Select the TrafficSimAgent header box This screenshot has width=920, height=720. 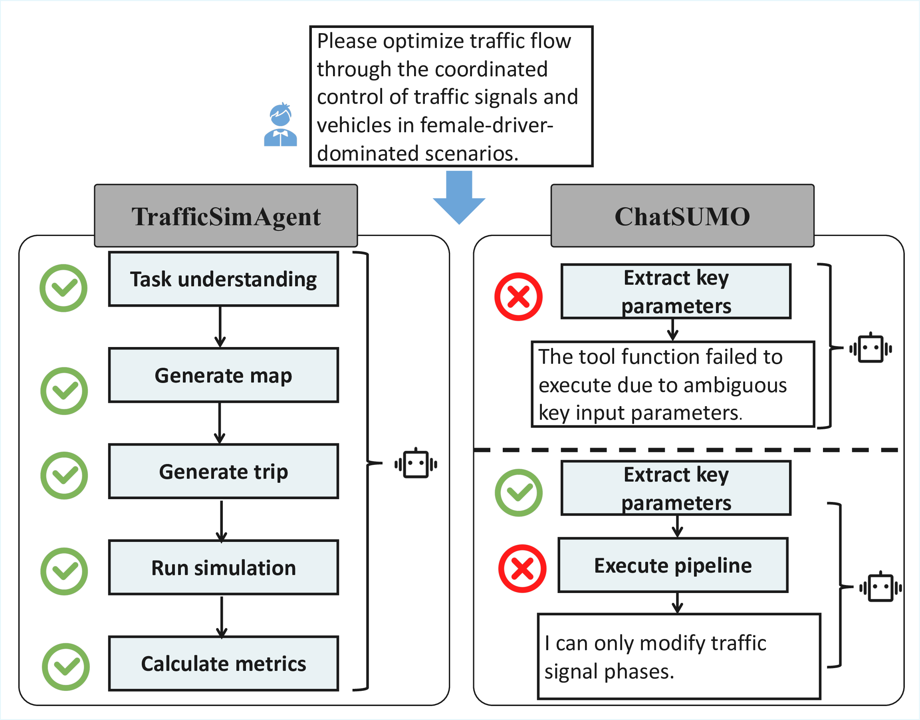[x=226, y=216]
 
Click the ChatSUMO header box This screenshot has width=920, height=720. [x=682, y=216]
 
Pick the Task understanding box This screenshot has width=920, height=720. [x=223, y=279]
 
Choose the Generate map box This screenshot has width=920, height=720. [x=223, y=375]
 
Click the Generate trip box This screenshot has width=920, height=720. [x=223, y=471]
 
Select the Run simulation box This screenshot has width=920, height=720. [x=223, y=567]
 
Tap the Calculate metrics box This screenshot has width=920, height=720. [x=223, y=664]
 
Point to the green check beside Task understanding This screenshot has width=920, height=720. [x=63, y=288]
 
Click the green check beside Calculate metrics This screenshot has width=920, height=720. [x=66, y=667]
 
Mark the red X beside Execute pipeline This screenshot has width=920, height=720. [x=522, y=569]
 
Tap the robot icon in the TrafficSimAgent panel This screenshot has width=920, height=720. [x=416, y=464]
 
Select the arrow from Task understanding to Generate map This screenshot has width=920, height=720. [x=220, y=327]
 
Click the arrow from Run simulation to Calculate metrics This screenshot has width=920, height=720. [x=222, y=616]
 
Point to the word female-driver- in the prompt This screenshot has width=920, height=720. [x=486, y=125]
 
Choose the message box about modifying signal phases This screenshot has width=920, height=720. [x=679, y=657]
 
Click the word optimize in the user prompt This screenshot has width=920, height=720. [x=423, y=41]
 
